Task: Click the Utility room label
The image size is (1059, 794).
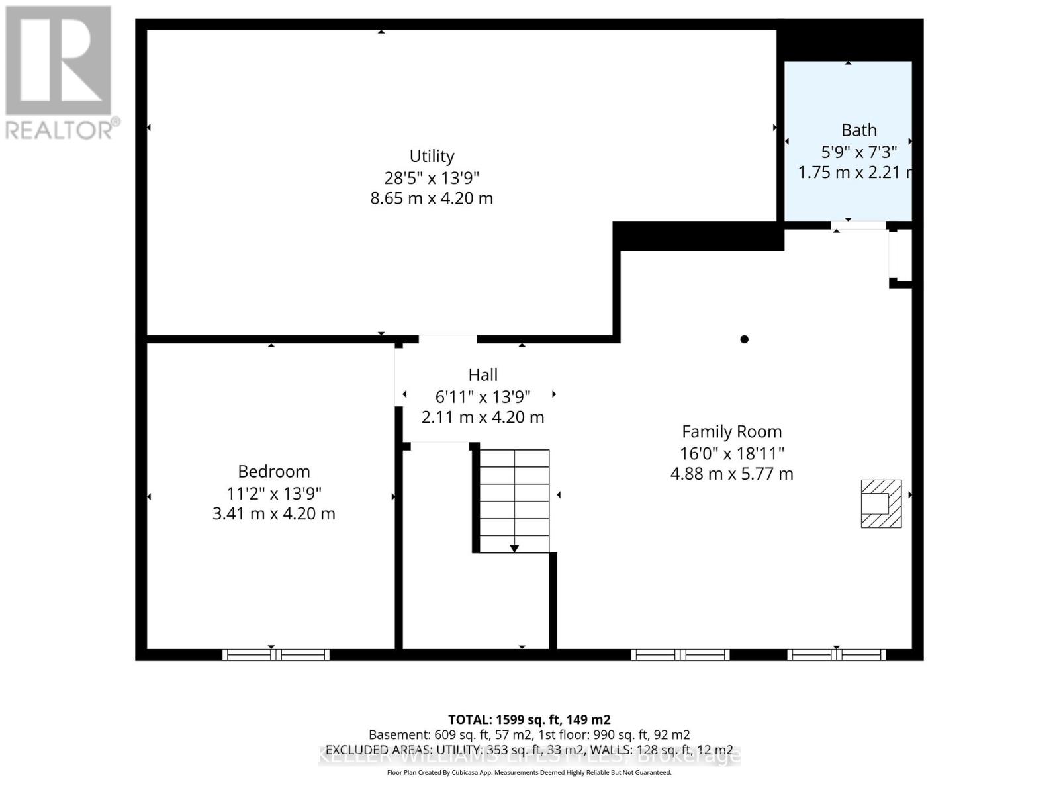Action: (x=432, y=156)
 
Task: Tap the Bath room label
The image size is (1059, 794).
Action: (x=858, y=130)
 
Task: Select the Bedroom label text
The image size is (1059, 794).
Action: (x=274, y=472)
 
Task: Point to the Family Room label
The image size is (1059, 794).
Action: (x=731, y=432)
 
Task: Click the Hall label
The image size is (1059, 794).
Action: (x=483, y=375)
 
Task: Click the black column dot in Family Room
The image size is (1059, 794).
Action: (x=744, y=339)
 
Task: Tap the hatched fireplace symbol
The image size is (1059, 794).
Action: (x=881, y=504)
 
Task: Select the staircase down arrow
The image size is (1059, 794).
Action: (x=514, y=548)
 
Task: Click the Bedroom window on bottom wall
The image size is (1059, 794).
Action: (x=275, y=655)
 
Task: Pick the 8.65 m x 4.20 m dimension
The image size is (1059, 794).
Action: (x=432, y=198)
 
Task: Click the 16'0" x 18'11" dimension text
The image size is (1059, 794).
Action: (x=731, y=453)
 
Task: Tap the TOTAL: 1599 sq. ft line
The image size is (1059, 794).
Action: (x=529, y=719)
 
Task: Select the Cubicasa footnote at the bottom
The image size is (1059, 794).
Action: (x=529, y=773)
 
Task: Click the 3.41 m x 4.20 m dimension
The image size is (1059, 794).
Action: (x=273, y=514)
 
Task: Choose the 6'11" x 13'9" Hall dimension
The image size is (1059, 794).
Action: (x=483, y=396)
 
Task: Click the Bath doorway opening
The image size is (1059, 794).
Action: (x=858, y=226)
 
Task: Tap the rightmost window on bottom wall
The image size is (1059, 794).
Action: (x=836, y=655)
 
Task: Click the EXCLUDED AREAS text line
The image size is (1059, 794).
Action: (x=529, y=750)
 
